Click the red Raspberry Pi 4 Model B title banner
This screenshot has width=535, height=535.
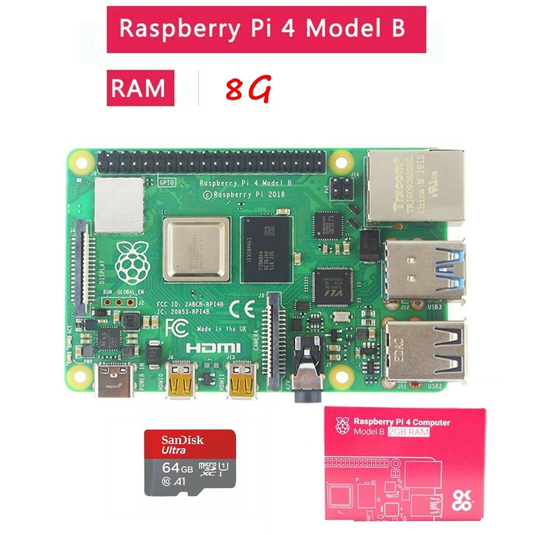pyautogui.click(x=266, y=30)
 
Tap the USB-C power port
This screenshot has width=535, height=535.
pyautogui.click(x=114, y=381)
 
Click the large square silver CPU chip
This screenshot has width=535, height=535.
pyautogui.click(x=196, y=249)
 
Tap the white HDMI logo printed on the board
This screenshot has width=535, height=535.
pyautogui.click(x=213, y=348)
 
